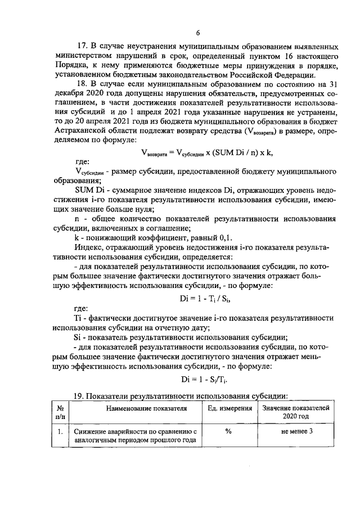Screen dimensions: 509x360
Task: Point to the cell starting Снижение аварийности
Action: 136,435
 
